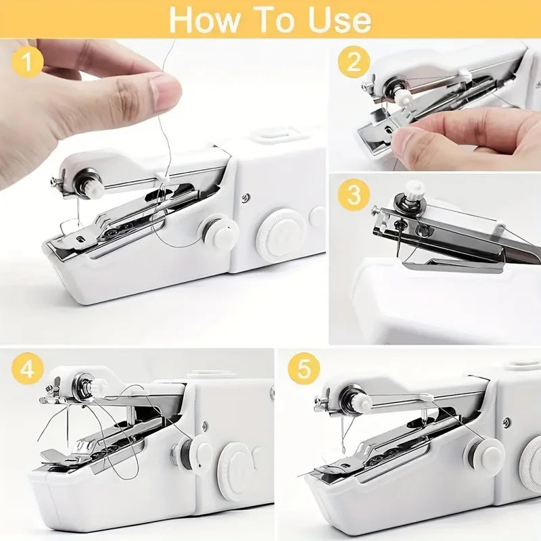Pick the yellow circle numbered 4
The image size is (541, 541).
pos(27,369)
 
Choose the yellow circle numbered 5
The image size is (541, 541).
pos(303,369)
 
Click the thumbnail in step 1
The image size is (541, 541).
pos(165,93)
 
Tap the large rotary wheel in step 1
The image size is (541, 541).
pos(278,233)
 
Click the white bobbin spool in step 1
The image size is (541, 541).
pos(220,232)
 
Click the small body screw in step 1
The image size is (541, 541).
pos(245,197)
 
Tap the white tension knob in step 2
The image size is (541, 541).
pos(405,99)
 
